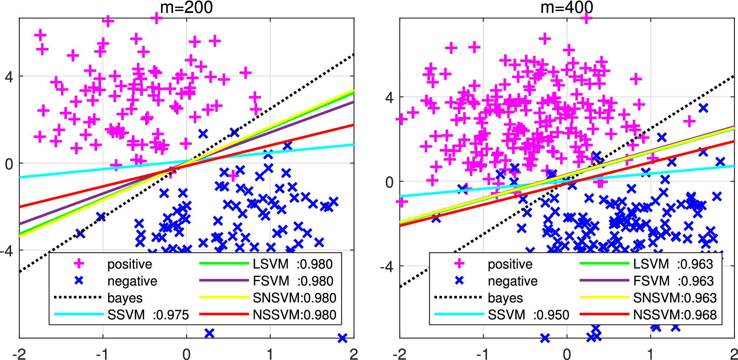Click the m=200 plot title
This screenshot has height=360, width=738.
186,7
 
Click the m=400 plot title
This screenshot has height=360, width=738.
567,7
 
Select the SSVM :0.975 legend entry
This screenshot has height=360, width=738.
148,315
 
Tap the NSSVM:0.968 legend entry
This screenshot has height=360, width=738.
675,315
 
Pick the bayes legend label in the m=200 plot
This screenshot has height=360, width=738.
125,298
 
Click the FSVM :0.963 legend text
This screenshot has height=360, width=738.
673,281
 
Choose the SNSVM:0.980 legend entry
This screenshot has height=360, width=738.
294,298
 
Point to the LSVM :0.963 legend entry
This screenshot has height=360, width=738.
673,264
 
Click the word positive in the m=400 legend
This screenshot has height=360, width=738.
510,264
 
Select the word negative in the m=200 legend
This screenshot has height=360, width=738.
132,281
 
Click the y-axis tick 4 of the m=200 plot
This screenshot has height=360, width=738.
9,77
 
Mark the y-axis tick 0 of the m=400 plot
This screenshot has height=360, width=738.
389,182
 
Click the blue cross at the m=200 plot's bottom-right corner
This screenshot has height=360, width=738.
342,338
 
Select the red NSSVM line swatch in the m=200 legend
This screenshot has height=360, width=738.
224,314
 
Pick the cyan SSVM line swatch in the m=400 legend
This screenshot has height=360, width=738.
459,314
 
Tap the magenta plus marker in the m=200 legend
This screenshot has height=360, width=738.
79,264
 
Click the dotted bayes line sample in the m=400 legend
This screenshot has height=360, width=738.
458,297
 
